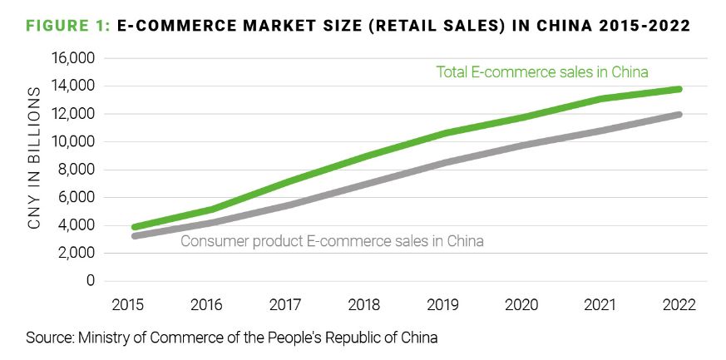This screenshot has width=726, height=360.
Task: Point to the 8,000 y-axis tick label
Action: point(77,170)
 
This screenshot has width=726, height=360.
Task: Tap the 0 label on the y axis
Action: point(91,281)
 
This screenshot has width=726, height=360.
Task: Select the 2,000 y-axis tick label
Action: point(77,253)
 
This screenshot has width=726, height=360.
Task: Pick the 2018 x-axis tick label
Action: point(365,303)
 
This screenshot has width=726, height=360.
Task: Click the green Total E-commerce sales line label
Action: point(541,72)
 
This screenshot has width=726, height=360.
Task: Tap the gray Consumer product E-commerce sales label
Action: point(332,241)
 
